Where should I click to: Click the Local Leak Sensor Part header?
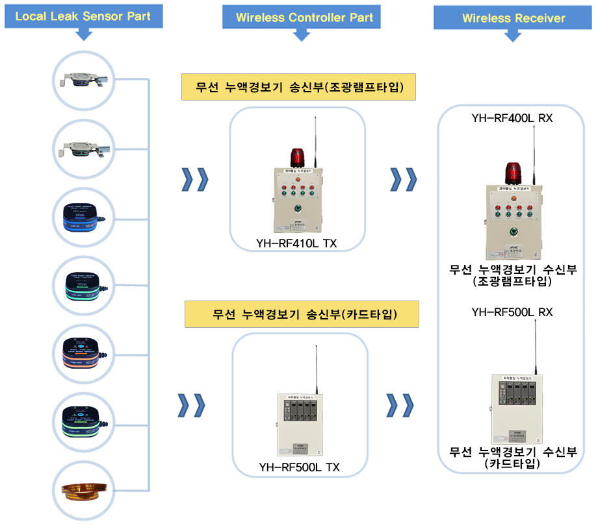click(83, 16)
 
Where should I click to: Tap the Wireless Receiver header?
click(513, 18)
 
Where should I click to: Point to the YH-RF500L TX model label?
click(299, 467)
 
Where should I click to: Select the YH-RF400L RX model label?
click(512, 119)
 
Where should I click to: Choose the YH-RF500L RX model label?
click(512, 312)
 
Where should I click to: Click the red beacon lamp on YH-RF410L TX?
click(297, 158)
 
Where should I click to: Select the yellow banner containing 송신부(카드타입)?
click(302, 315)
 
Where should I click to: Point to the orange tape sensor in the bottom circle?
click(83, 491)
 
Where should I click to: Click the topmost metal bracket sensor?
click(83, 80)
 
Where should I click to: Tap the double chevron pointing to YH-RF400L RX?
click(402, 180)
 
